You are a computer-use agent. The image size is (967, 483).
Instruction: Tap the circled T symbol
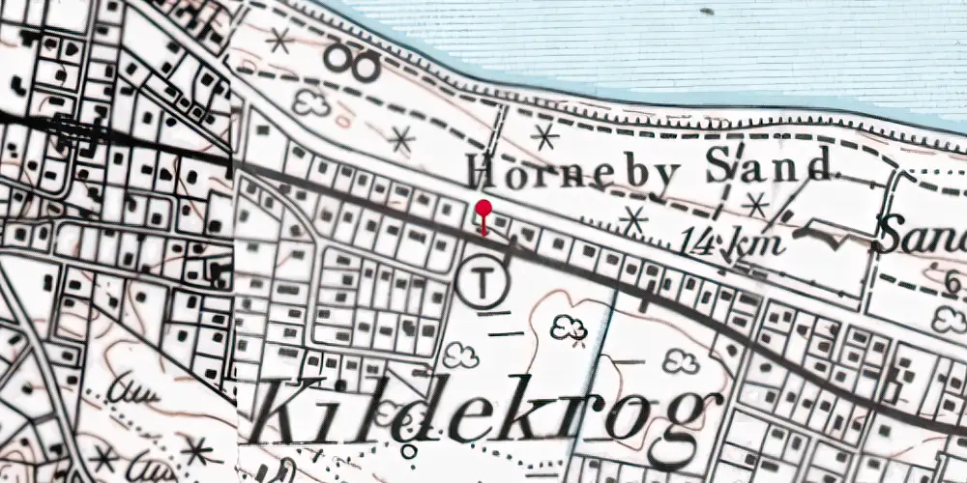(x=482, y=282)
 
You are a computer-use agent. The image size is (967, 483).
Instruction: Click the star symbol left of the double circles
(x=280, y=40)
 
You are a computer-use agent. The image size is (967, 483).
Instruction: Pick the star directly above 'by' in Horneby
(x=545, y=136)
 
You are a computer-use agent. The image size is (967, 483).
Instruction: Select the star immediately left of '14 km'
(x=633, y=221)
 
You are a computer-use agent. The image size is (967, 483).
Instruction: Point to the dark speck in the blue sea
(x=708, y=13)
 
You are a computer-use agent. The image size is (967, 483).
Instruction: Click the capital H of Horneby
(x=483, y=175)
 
